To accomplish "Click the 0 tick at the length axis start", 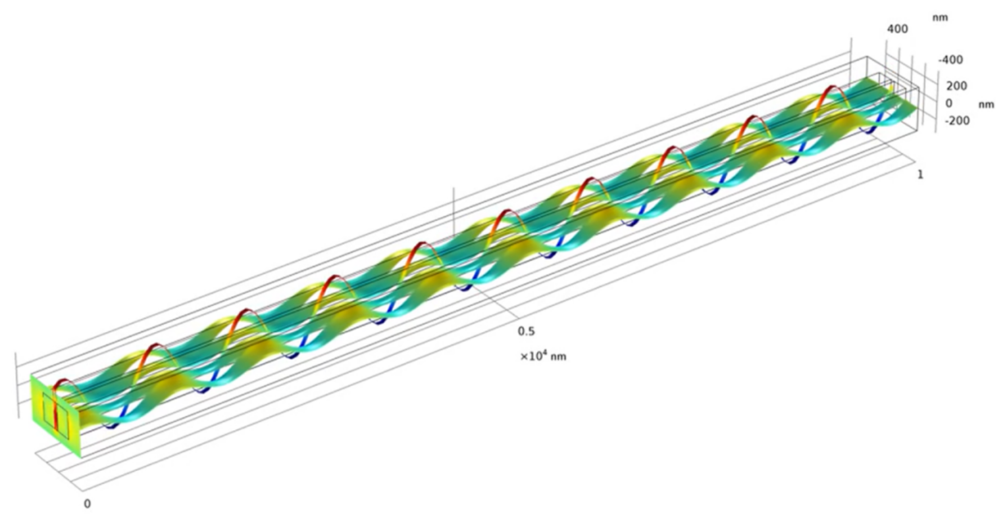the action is click(x=88, y=503).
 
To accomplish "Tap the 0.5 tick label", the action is click(x=527, y=331).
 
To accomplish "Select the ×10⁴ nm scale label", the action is click(x=543, y=356).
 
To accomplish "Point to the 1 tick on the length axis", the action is click(x=920, y=174).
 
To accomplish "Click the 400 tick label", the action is click(x=897, y=29).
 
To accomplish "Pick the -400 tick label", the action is click(x=950, y=60).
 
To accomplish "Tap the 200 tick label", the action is click(x=957, y=86).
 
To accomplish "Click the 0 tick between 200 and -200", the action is click(x=948, y=103).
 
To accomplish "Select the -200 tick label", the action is click(x=957, y=120).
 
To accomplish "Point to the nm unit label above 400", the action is click(x=940, y=18).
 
